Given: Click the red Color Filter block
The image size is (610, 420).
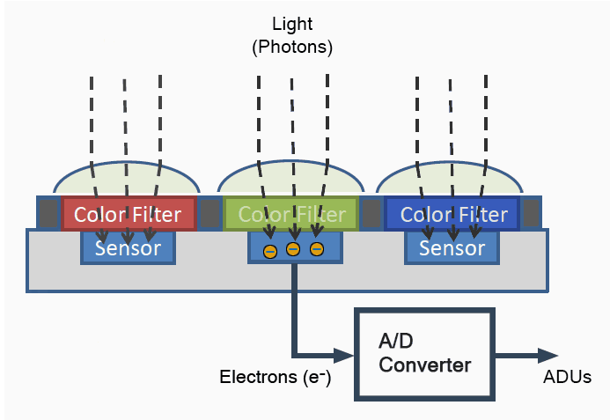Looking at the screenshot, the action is point(129,214).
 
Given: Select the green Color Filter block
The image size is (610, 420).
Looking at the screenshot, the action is point(291,214).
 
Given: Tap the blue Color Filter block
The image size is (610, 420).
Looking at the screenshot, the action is point(452,214).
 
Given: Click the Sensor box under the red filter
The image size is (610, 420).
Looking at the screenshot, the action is point(128,248).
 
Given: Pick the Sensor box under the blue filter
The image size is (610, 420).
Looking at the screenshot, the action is point(452,248).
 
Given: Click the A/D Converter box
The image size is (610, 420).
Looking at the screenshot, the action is point(424,354).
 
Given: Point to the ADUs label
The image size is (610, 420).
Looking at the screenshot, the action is point(567,377).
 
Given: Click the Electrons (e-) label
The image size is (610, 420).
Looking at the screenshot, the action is point(275,377).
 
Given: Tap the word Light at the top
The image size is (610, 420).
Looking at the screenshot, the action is point(292,24).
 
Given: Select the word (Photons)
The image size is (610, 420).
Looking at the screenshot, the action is point(292,47).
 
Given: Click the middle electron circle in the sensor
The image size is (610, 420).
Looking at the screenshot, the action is point(293,249).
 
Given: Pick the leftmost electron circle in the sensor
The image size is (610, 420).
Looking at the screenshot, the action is point(270,252).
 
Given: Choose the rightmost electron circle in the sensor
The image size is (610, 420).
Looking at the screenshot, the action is point(317,248).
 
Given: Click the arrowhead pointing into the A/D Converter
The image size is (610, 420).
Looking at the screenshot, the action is point(344,355).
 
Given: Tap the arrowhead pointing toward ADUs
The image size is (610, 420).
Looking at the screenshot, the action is point(548,355).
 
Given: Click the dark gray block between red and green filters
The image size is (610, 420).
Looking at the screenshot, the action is point(210,213).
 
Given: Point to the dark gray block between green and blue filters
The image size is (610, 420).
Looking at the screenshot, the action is point(371,213).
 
